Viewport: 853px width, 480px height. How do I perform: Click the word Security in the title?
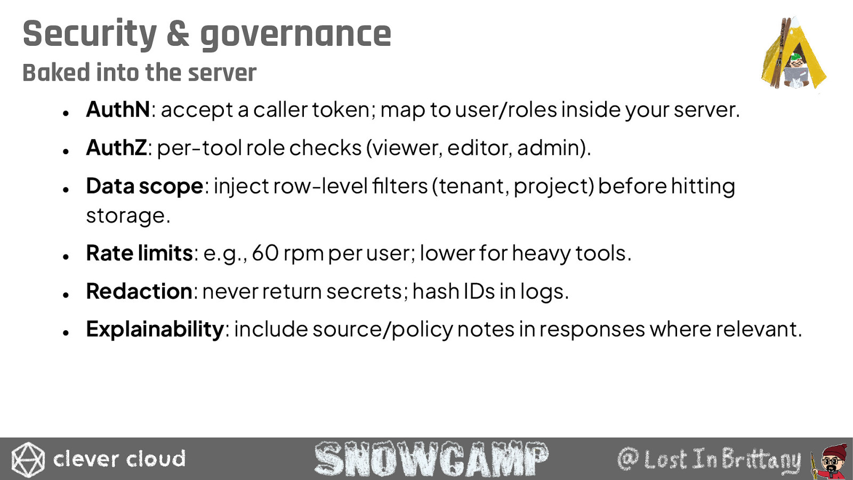pyautogui.click(x=90, y=34)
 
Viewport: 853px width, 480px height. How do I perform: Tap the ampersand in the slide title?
pyautogui.click(x=178, y=34)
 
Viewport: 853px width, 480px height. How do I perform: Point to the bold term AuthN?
pyautogui.click(x=118, y=109)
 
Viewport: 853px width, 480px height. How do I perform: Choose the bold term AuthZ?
pyautogui.click(x=116, y=147)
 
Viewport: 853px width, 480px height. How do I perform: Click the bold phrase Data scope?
pyautogui.click(x=144, y=187)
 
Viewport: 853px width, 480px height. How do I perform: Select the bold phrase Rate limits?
pyautogui.click(x=139, y=253)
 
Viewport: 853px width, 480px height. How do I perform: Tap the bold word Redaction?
pyautogui.click(x=139, y=291)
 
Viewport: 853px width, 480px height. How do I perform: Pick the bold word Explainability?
pyautogui.click(x=155, y=330)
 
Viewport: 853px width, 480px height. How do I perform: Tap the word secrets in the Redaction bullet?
pyautogui.click(x=364, y=292)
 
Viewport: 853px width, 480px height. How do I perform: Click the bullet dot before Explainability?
pyautogui.click(x=66, y=333)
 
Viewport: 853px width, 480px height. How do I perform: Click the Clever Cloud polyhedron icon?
pyautogui.click(x=28, y=459)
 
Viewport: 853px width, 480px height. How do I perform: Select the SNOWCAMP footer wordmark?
pyautogui.click(x=431, y=459)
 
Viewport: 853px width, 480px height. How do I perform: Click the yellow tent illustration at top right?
pyautogui.click(x=793, y=53)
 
